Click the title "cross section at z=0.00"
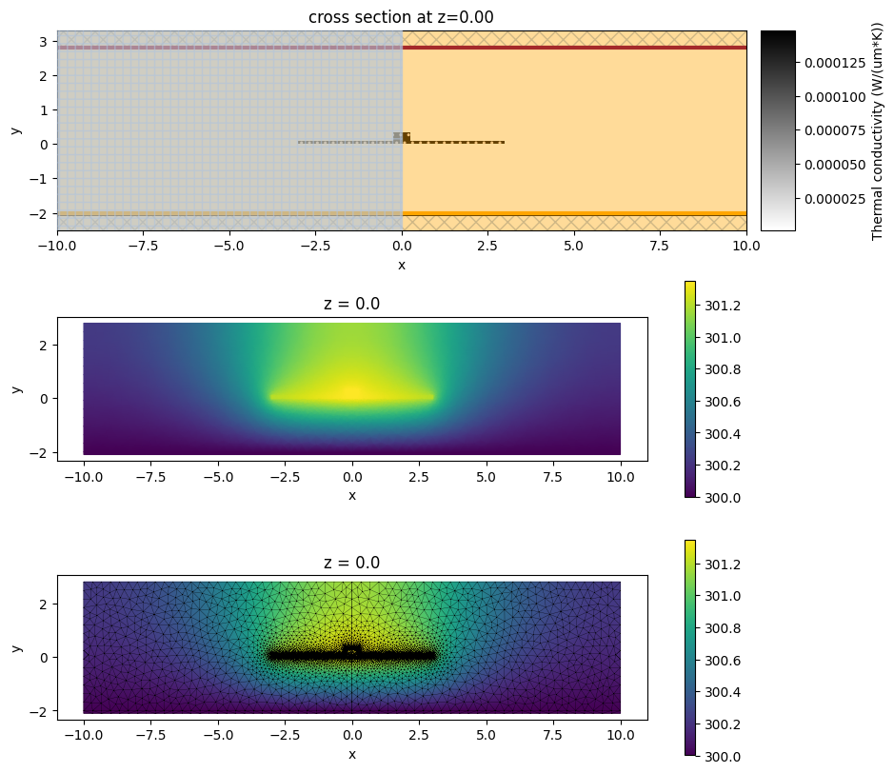(x=401, y=16)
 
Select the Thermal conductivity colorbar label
(x=876, y=130)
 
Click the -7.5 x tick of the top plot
(x=143, y=246)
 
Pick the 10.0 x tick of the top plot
(x=745, y=246)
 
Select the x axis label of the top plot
(x=401, y=264)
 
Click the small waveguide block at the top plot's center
(x=402, y=137)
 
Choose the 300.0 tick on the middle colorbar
(x=721, y=497)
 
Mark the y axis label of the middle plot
(x=17, y=388)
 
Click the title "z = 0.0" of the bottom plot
(x=351, y=563)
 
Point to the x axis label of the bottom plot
(x=351, y=754)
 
